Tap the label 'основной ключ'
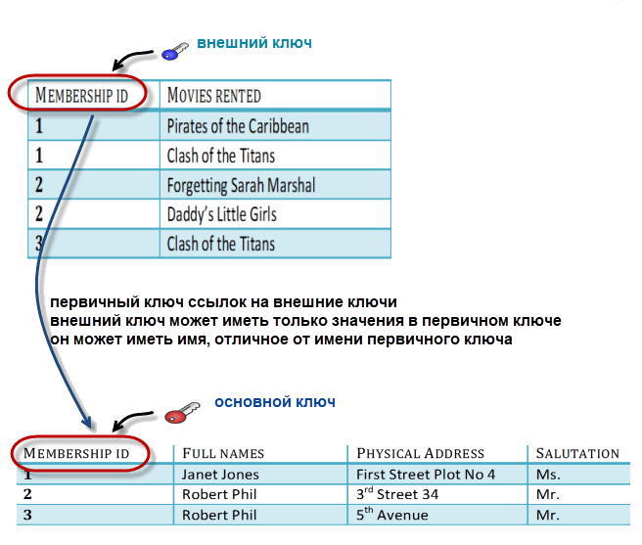point(275,402)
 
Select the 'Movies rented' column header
point(214,95)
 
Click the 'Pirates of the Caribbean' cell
point(238,126)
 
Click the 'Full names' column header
point(223,453)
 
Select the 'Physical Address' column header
point(421,453)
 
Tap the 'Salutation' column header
point(577,453)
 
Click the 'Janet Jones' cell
point(220,475)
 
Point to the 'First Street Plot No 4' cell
point(426,475)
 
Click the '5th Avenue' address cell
point(391,515)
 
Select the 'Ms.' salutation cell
point(548,475)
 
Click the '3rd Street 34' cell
point(396,494)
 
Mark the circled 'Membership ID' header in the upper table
point(81,95)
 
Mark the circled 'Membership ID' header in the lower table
point(76,453)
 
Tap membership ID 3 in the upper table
point(39,244)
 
